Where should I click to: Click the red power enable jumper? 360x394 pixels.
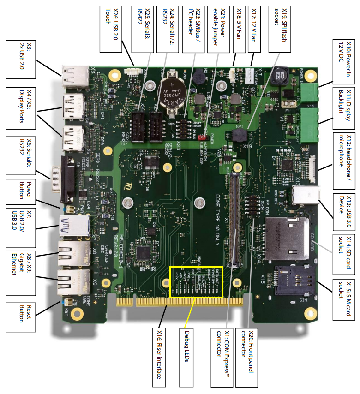(x=201, y=137)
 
